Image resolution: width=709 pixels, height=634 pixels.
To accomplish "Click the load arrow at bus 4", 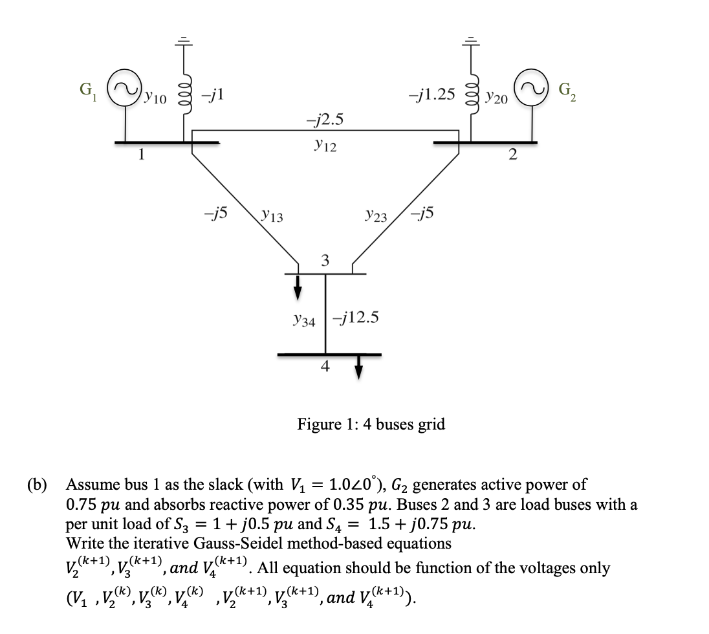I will [358, 367].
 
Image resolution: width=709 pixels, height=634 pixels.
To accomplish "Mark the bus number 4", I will [325, 366].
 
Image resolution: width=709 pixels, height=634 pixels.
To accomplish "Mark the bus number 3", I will [325, 261].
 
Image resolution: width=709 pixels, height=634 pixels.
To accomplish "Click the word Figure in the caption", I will [320, 424].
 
